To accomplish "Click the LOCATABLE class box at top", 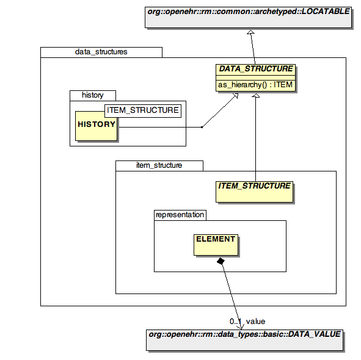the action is [x=248, y=18].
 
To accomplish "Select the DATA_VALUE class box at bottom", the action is [x=244, y=340].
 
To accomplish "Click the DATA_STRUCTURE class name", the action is [x=255, y=69].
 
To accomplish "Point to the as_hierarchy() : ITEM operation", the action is [x=255, y=85].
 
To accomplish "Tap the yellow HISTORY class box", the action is [x=96, y=126].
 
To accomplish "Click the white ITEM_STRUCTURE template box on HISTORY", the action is [x=143, y=111].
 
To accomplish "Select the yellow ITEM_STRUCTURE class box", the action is [x=254, y=192].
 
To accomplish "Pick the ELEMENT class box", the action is [x=216, y=245].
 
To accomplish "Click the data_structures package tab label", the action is [x=101, y=52].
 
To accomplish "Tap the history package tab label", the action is [x=93, y=95].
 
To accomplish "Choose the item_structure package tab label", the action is [x=159, y=165].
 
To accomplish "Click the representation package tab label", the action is [x=180, y=215].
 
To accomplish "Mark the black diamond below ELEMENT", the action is [x=221, y=261].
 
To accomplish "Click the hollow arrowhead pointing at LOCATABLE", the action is [x=250, y=32].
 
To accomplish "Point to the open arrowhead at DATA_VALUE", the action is [x=240, y=326].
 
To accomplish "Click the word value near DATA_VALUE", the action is [x=255, y=322].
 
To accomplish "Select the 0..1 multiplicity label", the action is [x=235, y=322].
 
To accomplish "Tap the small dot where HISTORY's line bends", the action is [x=202, y=127].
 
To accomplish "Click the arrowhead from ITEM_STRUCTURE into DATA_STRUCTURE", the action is [x=255, y=95].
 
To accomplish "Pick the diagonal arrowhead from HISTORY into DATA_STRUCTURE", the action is [x=236, y=96].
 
